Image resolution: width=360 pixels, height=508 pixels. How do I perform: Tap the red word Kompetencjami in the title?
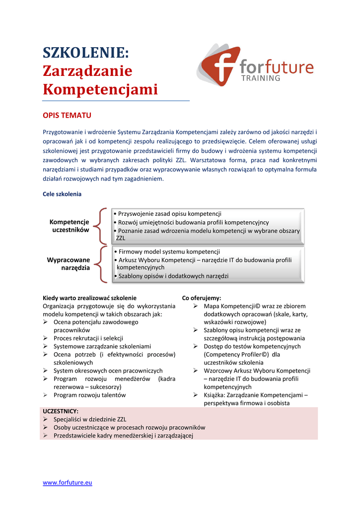coord(100,90)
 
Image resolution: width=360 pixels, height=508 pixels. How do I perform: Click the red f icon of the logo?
coord(217,65)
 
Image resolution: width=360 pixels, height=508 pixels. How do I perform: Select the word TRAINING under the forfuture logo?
coord(260,78)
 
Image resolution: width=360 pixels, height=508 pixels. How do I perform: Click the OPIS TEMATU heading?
coord(67,115)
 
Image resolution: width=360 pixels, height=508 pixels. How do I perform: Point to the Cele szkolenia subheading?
coord(62,194)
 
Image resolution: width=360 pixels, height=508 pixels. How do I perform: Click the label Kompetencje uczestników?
coord(70,226)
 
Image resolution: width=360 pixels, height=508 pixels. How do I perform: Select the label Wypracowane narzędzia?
coord(69,263)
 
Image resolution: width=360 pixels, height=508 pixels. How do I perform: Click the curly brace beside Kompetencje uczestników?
coord(102,226)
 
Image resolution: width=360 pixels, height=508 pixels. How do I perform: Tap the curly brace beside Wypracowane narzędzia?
coord(102,264)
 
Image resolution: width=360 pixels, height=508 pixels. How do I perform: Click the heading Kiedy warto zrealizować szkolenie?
coord(89,298)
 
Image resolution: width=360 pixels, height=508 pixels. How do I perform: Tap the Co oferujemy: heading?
coord(202,298)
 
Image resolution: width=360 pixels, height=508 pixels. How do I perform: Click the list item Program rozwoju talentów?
coord(89,395)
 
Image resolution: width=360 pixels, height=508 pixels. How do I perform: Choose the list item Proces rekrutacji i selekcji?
coord(88,338)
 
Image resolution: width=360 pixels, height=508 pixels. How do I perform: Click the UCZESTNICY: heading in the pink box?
coord(61,411)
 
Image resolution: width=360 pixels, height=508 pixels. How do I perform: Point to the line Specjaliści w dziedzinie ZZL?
coord(90,419)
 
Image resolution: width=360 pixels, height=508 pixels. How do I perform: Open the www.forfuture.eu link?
coord(68,482)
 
